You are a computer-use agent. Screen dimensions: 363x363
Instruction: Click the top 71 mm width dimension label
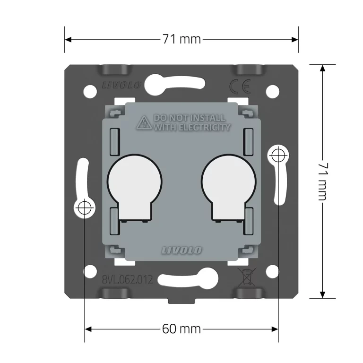coord(181,39)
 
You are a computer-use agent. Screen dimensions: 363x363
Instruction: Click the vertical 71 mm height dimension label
coord(323,181)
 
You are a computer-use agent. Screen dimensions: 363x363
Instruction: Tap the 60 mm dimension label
coord(181,329)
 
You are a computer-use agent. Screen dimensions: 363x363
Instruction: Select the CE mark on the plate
coord(240,86)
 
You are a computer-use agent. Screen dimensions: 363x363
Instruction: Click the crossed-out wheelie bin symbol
coord(247,277)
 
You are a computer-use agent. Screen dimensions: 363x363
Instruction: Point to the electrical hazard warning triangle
coord(144,122)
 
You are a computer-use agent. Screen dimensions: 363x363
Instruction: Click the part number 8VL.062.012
coord(128,279)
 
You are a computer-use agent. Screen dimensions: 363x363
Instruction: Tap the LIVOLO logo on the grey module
coord(181,250)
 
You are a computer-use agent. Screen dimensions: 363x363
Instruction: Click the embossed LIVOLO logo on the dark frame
coord(121,85)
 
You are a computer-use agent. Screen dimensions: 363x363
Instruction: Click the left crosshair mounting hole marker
coord(85,207)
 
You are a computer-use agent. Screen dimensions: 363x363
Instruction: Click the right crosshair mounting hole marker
coord(278,156)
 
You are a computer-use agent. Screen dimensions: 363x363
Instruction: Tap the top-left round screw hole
coord(90,91)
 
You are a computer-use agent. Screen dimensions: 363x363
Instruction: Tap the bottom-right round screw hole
coord(273,272)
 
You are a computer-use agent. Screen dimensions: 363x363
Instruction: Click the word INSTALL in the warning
coord(209,118)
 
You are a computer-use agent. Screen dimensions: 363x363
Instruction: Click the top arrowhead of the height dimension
coord(322,68)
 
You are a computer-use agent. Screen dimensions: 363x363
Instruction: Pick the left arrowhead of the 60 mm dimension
coord(88,329)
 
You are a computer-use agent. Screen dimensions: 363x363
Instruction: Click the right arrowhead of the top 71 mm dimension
coord(295,40)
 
